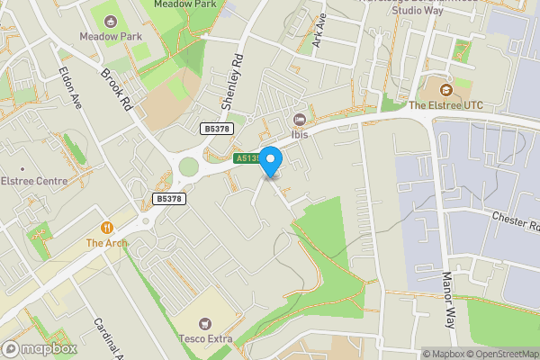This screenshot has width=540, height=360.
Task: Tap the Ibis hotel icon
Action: (301, 120)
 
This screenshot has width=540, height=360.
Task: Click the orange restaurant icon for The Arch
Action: (107, 229)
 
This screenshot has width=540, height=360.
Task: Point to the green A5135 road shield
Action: (248, 158)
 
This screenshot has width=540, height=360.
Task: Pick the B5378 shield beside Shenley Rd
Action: (216, 130)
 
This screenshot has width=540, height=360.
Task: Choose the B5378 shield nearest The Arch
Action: (169, 199)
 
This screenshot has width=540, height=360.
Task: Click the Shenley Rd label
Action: (233, 80)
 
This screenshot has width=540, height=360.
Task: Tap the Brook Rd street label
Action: (117, 90)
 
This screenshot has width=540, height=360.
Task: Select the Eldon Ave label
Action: (70, 87)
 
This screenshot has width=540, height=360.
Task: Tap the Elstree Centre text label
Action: (34, 181)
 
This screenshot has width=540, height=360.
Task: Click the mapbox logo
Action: (40, 348)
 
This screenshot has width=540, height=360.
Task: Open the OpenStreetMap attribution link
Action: (502, 354)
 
